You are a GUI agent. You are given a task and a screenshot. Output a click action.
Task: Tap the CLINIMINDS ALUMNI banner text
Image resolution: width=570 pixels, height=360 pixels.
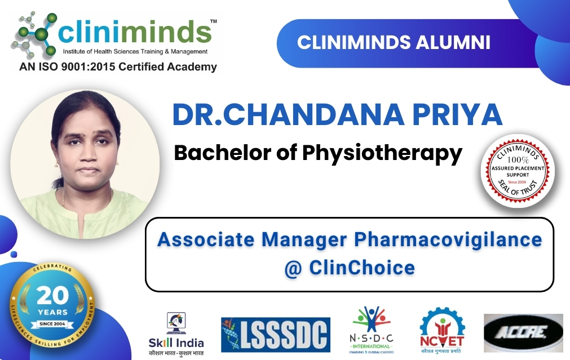[x=394, y=43]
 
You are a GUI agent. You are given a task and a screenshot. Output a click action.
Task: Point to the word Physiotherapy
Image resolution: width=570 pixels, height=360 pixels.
[x=386, y=152]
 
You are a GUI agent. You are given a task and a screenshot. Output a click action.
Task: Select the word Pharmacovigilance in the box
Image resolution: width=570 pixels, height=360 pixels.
[x=448, y=239]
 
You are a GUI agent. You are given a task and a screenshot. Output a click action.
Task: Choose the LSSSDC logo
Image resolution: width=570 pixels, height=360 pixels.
[x=275, y=334]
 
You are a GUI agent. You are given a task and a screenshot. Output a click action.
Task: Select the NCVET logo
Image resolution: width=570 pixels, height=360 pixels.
[x=441, y=332]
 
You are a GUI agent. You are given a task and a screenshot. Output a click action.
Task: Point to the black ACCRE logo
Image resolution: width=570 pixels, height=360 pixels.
[x=523, y=333]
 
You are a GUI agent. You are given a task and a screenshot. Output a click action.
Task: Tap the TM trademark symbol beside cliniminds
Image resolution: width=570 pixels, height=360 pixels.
[x=213, y=21]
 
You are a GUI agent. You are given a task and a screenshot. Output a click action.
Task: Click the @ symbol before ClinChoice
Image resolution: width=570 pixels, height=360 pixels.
[x=294, y=268]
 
